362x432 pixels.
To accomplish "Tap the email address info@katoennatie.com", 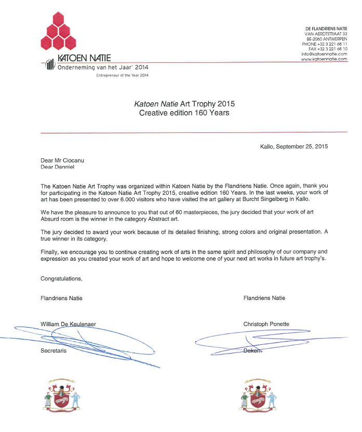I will [324, 53].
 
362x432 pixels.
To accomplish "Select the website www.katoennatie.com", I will [324, 59].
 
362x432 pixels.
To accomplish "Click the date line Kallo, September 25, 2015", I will [294, 146].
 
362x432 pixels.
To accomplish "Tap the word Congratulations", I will [61, 278].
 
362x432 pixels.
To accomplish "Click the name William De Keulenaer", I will [68, 324].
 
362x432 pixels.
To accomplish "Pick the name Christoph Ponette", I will [266, 324].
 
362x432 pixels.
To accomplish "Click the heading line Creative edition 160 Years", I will [184, 112].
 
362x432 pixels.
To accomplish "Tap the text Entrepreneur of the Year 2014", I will [123, 76].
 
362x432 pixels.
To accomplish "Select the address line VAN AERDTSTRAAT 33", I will [326, 34].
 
